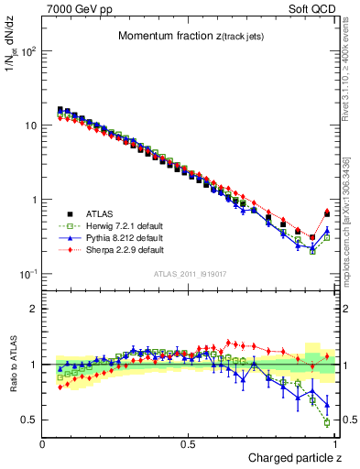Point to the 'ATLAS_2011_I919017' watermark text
tap(190, 273)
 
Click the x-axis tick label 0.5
tap(189, 443)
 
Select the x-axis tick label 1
tap(334, 443)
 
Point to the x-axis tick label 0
tap(43, 443)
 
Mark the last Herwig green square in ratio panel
tap(327, 422)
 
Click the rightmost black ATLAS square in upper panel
tap(327, 214)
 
